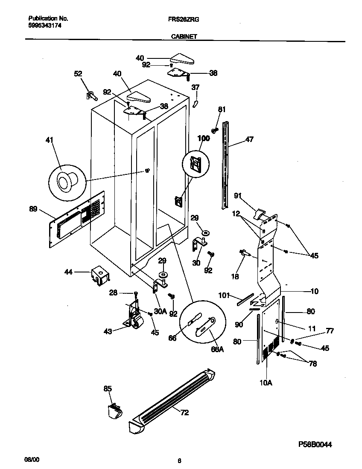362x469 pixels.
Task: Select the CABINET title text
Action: click(184, 37)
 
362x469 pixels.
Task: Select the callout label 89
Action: click(33, 209)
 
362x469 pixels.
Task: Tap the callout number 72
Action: click(184, 413)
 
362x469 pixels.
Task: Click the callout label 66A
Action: click(217, 349)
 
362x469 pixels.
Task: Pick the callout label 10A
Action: click(266, 383)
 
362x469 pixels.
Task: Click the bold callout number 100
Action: click(203, 138)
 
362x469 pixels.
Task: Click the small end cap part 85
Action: click(114, 411)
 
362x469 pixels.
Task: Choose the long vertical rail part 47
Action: click(225, 166)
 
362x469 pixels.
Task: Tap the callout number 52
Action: click(78, 74)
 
